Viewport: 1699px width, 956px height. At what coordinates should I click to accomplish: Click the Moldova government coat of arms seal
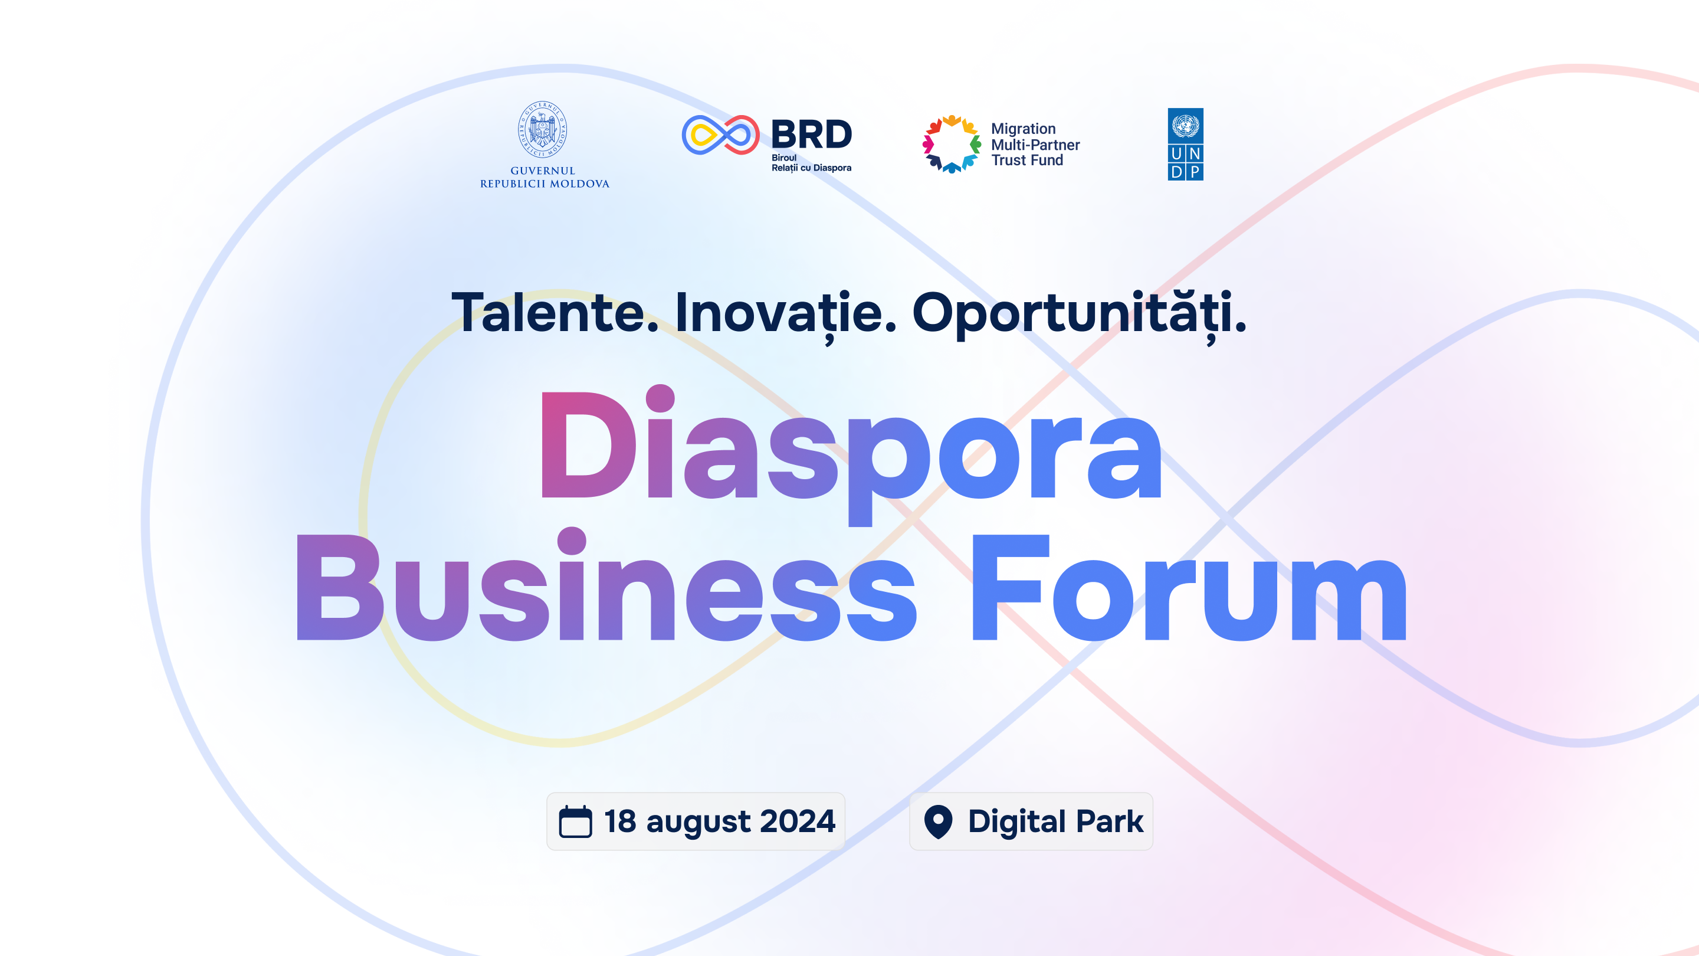click(542, 129)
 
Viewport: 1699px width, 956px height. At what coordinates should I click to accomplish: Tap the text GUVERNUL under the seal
click(543, 171)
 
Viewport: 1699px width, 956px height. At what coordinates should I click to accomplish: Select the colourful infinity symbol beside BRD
click(720, 135)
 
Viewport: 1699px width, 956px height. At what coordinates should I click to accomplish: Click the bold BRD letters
click(811, 135)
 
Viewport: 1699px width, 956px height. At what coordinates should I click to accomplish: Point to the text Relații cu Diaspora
click(811, 168)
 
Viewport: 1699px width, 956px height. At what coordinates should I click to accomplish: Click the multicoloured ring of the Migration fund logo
click(951, 144)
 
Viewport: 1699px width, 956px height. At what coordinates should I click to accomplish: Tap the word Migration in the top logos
click(1023, 129)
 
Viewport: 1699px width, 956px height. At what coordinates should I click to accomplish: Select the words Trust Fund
click(1027, 161)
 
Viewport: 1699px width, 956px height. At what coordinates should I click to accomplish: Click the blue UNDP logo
click(1185, 145)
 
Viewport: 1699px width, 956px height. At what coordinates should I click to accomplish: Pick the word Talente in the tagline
click(554, 313)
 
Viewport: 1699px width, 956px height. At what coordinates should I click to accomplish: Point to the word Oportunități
click(1079, 315)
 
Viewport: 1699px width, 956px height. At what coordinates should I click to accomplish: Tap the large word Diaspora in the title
click(851, 455)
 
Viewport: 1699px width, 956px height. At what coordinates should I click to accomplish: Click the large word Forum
click(1189, 587)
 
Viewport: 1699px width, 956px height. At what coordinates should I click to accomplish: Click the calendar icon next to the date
click(575, 821)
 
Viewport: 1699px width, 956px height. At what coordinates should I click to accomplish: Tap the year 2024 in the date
click(798, 821)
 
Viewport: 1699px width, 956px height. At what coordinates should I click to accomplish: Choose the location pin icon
click(938, 822)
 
